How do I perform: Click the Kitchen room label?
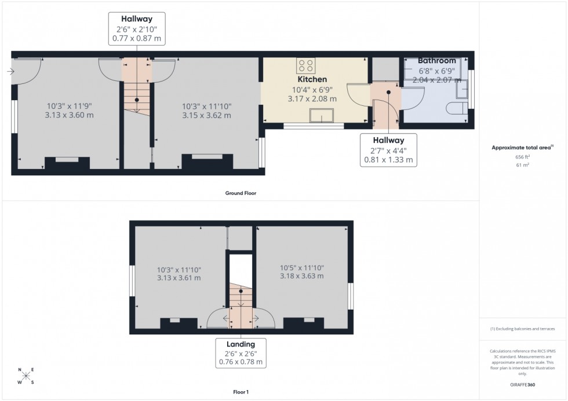(x=312, y=79)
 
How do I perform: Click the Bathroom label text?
(x=437, y=61)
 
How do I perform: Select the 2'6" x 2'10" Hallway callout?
(x=137, y=29)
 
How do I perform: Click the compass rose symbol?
(x=26, y=376)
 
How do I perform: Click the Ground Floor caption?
(x=241, y=193)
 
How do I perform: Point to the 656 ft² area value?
(x=523, y=157)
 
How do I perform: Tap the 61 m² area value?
(x=523, y=165)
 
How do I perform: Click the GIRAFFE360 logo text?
(x=523, y=384)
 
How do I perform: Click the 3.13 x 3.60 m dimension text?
(x=70, y=115)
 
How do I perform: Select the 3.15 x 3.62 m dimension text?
(x=206, y=116)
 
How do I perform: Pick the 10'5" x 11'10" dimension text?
(x=301, y=268)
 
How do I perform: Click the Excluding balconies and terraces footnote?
(x=523, y=329)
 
